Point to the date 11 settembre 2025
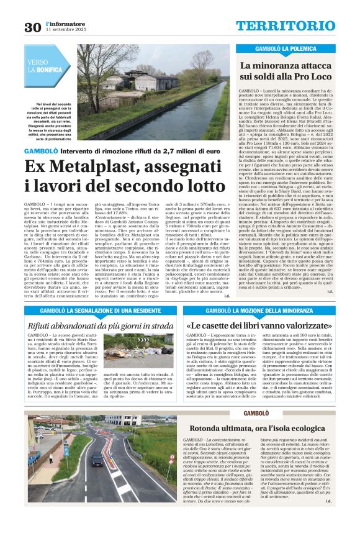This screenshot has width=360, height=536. click(63, 30)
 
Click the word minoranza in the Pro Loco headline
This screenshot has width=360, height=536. click(279, 65)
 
